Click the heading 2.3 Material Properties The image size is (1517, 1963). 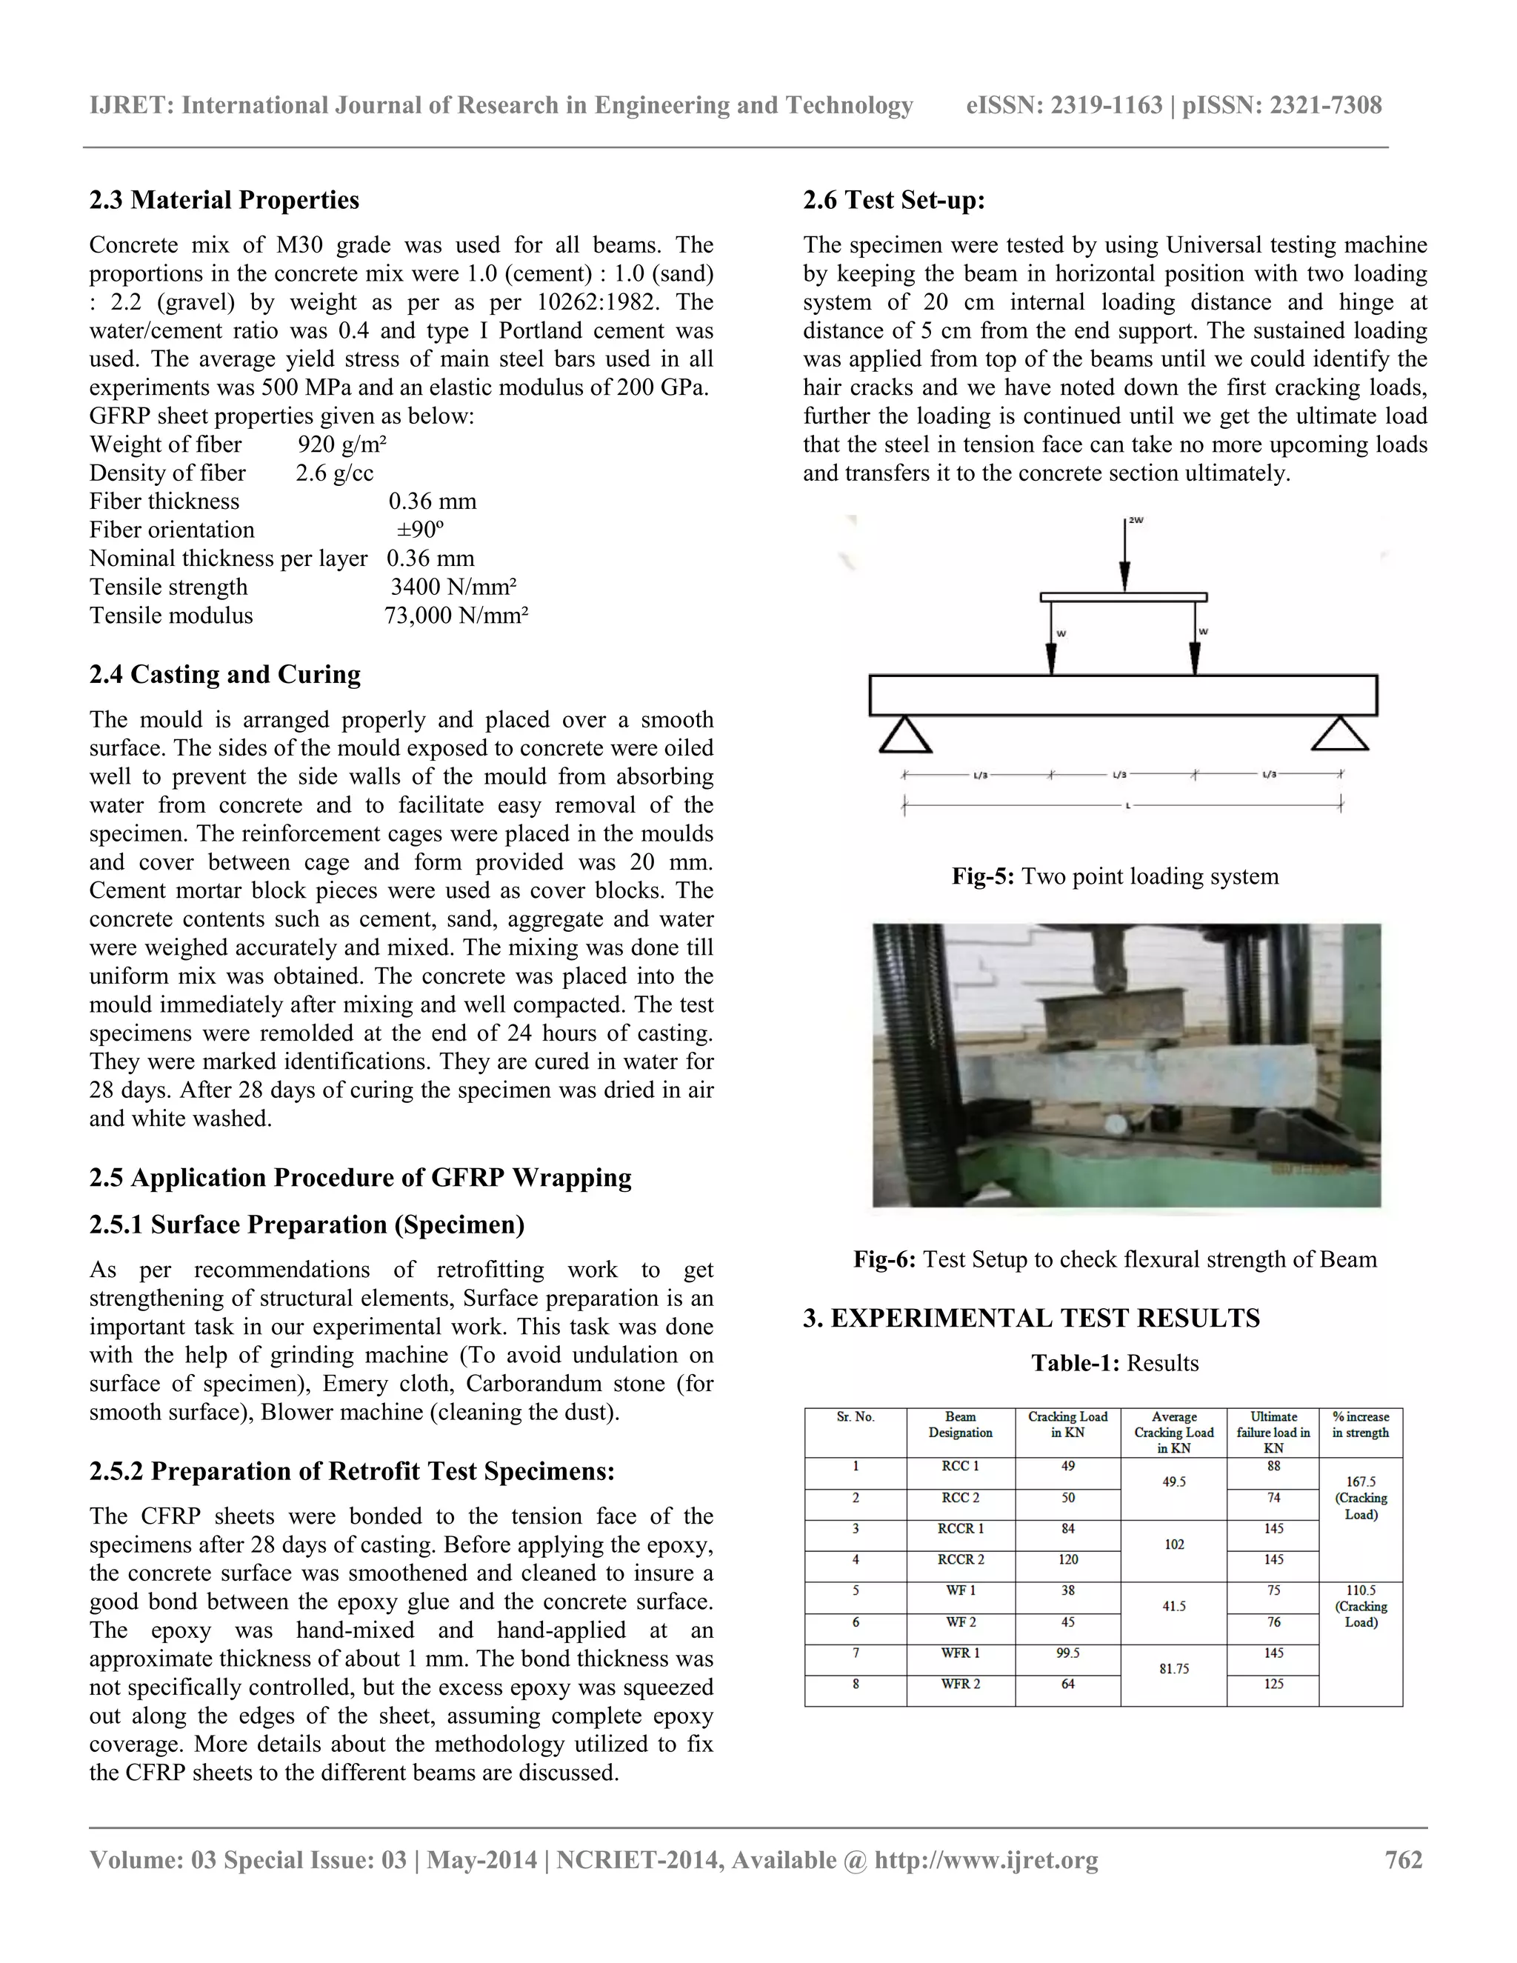click(x=224, y=199)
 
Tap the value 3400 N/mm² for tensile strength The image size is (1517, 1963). click(x=453, y=587)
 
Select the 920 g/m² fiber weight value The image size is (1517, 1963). click(x=341, y=445)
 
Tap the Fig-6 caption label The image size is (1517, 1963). click(x=884, y=1259)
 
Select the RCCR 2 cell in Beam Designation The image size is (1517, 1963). click(x=961, y=1559)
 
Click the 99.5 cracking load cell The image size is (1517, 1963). click(x=1067, y=1653)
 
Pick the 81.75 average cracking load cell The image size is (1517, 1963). click(x=1174, y=1668)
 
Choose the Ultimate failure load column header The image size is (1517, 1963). click(x=1273, y=1432)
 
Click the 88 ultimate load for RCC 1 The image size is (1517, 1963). click(x=1273, y=1466)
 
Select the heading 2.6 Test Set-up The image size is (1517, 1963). click(x=893, y=199)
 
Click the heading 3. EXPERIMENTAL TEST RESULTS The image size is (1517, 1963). click(x=1031, y=1318)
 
